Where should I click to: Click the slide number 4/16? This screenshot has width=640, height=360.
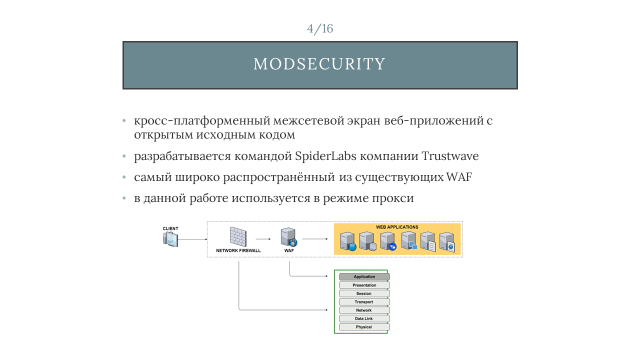coord(320,28)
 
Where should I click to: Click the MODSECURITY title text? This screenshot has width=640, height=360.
coord(319,63)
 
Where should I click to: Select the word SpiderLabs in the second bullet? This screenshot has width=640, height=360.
coord(325,156)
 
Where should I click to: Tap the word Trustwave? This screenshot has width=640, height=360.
coord(450,156)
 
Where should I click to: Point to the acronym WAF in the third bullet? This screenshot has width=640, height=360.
coord(459,177)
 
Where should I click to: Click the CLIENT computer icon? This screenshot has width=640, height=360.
coord(170,239)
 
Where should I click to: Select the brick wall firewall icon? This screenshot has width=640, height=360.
coord(238,236)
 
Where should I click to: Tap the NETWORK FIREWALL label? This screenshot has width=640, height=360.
coord(238,250)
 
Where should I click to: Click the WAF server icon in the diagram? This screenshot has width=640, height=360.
coord(289,237)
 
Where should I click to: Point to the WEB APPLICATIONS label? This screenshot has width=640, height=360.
coord(397,227)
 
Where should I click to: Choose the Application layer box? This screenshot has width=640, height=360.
coord(364,276)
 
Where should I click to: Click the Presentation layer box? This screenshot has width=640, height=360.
coord(364,285)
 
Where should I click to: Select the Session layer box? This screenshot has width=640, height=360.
coord(364,293)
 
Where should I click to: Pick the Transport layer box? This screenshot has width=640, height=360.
coord(364,301)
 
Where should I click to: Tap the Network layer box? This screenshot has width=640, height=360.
coord(364,310)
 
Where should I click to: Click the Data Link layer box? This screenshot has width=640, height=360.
coord(364,318)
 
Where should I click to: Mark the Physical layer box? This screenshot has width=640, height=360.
coord(364,327)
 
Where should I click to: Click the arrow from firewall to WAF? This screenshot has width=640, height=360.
coord(263,239)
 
